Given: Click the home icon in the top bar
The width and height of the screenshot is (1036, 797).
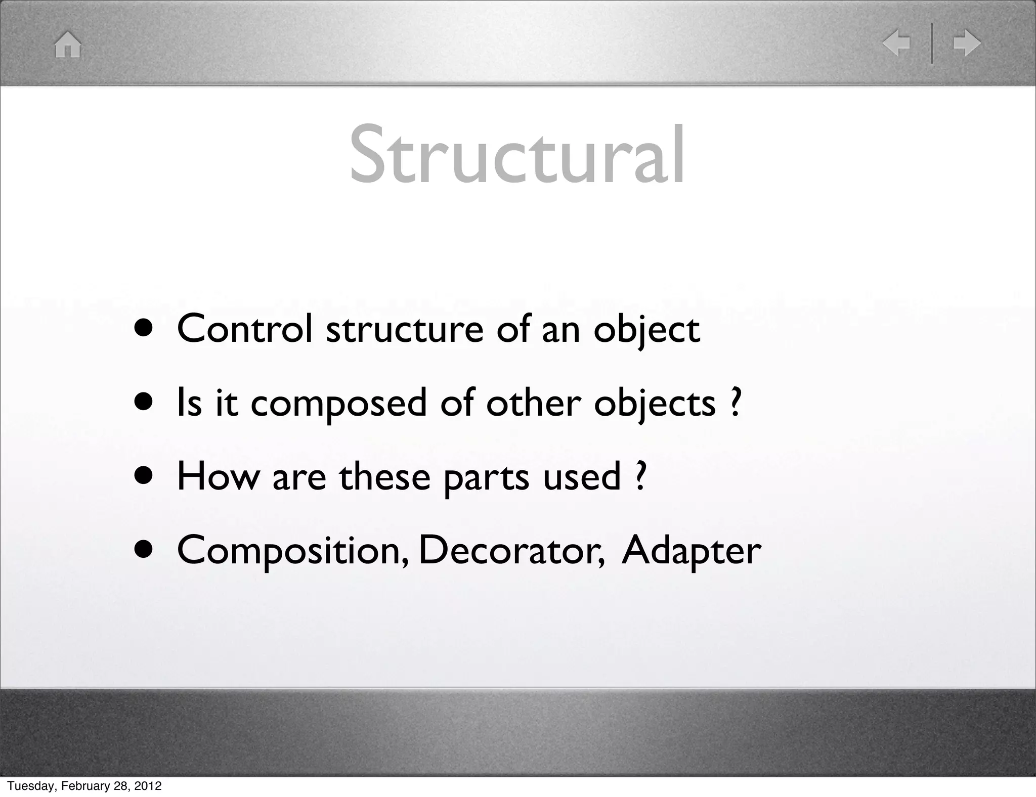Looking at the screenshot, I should point(68,45).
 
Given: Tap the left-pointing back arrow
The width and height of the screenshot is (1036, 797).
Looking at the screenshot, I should point(896,43).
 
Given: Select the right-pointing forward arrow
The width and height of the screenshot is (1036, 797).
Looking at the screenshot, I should point(967,43).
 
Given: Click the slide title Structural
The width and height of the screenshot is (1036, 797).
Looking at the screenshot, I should point(517,154).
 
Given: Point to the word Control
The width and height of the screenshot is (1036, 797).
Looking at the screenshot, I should point(244,329).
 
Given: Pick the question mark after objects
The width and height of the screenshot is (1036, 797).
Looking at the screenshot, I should point(736,403).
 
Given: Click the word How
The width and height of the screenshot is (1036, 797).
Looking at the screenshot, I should point(218,476).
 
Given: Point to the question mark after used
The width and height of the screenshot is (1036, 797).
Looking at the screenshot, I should point(640,476).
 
